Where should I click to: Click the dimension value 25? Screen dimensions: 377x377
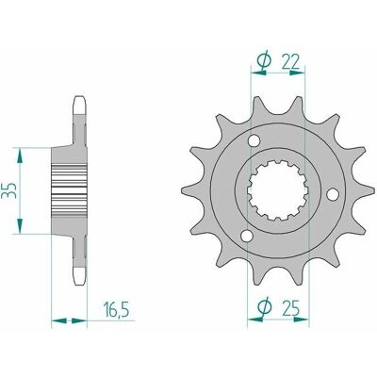click(x=291, y=308)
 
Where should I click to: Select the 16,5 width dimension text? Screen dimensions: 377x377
click(x=116, y=308)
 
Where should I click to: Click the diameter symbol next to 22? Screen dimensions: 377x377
click(x=263, y=60)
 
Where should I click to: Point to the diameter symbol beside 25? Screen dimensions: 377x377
click(x=263, y=307)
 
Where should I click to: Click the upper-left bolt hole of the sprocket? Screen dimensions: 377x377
click(x=254, y=140)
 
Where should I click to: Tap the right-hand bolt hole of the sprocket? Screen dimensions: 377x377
click(x=333, y=194)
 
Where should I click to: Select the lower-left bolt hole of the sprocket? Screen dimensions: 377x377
click(x=247, y=236)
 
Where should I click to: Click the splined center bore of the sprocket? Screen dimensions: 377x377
click(x=278, y=190)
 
